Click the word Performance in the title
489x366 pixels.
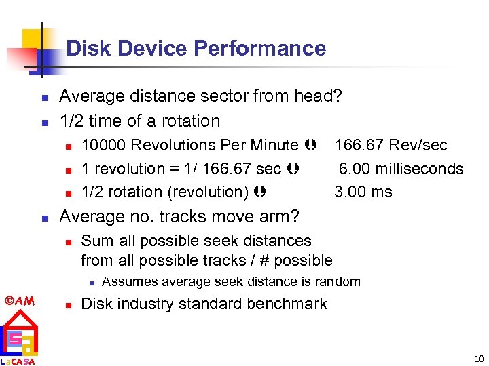[x=259, y=49]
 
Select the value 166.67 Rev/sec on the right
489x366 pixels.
[x=391, y=145]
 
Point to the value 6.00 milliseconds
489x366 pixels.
[x=401, y=169]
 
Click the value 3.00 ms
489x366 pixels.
[x=363, y=192]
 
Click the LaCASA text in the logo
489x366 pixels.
[x=18, y=361]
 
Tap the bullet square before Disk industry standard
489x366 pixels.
[x=67, y=304]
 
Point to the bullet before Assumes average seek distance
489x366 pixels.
[x=88, y=282]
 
